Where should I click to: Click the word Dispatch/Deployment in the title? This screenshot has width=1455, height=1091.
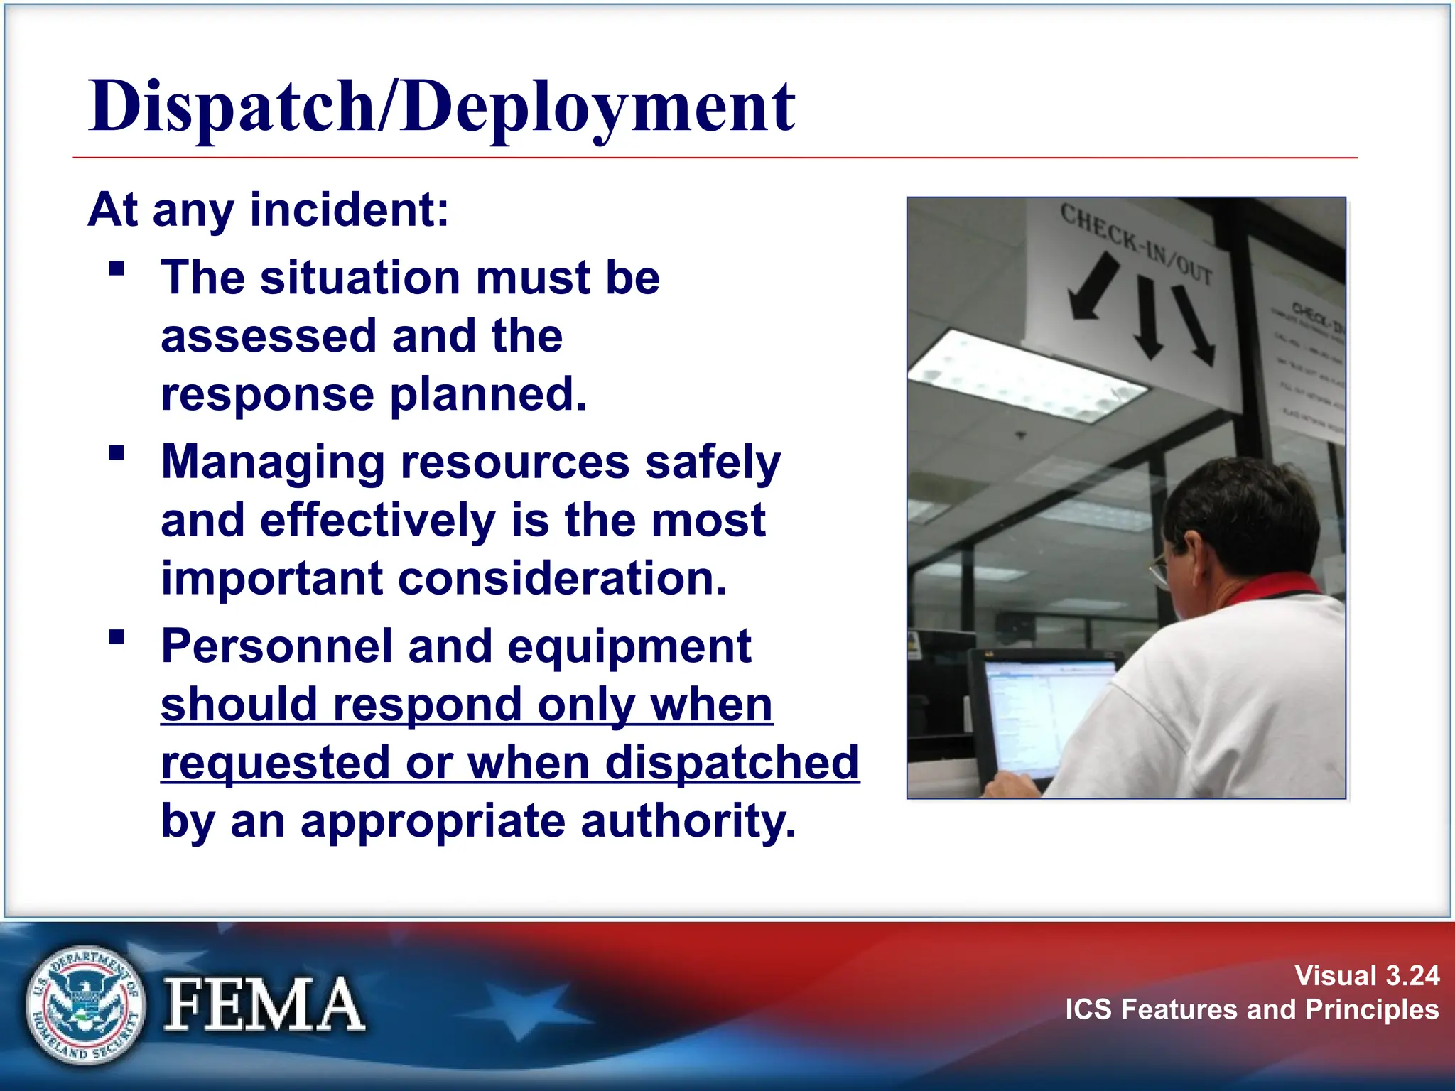[440, 107]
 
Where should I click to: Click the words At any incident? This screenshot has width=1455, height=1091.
[269, 210]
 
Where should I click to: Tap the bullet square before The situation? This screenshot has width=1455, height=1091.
[117, 268]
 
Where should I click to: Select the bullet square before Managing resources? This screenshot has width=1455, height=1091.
[117, 453]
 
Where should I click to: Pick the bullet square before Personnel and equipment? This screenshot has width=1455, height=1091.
[117, 637]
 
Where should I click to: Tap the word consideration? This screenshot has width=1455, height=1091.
[562, 578]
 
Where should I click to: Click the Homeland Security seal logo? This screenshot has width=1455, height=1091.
[85, 1005]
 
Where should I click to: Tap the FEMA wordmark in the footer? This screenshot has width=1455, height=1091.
[264, 1005]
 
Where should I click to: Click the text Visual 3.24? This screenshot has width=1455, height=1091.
[1366, 975]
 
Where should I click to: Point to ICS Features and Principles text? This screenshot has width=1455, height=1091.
[1251, 1009]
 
